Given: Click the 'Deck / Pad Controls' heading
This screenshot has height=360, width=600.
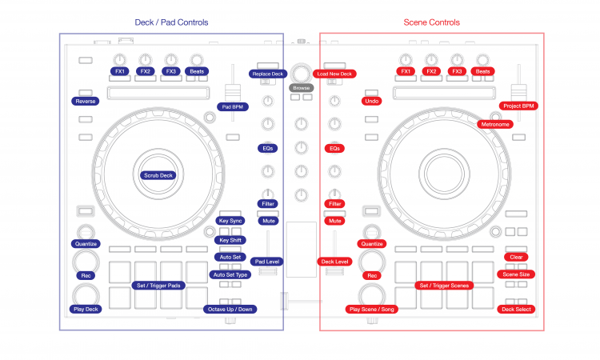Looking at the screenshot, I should (x=171, y=22).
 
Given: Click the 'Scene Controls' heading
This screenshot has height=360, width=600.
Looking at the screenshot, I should (x=433, y=22).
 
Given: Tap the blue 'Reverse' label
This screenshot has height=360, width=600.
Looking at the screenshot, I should (x=86, y=102).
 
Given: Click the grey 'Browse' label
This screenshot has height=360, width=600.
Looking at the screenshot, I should (x=301, y=88).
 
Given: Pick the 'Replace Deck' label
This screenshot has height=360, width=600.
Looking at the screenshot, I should (x=268, y=74).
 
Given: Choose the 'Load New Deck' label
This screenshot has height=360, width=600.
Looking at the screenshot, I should (x=334, y=74).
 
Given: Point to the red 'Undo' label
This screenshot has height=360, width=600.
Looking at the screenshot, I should (x=370, y=102).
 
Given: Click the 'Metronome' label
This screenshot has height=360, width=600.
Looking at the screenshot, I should (x=495, y=124).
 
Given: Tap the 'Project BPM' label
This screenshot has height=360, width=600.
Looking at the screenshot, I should (x=518, y=106).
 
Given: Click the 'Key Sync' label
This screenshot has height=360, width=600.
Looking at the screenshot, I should (x=230, y=220).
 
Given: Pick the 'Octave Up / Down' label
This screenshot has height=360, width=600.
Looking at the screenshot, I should (x=230, y=309).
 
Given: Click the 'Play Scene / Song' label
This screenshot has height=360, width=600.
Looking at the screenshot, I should (x=371, y=309).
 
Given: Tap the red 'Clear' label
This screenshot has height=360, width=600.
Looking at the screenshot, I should (x=516, y=257).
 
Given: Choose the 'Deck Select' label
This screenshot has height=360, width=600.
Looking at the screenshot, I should (x=516, y=309).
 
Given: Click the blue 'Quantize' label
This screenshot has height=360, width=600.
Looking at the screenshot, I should (x=86, y=244).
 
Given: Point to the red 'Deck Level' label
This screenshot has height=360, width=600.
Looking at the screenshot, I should (x=335, y=262).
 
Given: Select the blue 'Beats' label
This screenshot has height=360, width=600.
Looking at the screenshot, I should (x=196, y=71).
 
